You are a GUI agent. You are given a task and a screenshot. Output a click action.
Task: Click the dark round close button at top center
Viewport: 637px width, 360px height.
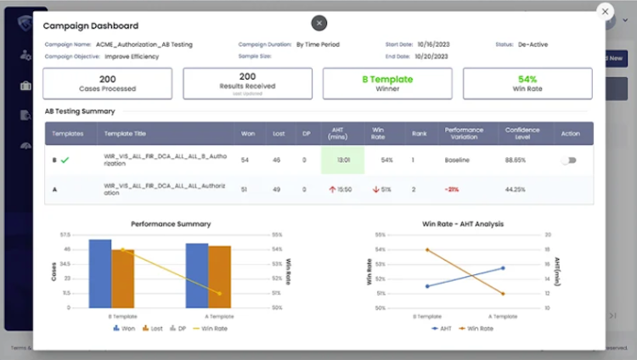tap(319, 23)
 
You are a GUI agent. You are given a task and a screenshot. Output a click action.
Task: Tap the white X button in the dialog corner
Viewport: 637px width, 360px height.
tap(605, 12)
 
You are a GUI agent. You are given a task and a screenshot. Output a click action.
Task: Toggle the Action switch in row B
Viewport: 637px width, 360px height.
tap(568, 160)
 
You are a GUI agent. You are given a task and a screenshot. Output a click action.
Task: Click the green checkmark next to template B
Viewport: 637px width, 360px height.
tap(65, 160)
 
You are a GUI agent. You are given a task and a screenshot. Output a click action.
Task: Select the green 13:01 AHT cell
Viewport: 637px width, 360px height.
tap(343, 160)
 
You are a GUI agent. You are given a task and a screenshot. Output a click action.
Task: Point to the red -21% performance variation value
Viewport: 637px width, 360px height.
tap(451, 189)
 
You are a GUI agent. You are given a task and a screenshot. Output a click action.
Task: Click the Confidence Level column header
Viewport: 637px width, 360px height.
tap(521, 133)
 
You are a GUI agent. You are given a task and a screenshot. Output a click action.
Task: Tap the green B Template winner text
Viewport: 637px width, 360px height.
tap(387, 79)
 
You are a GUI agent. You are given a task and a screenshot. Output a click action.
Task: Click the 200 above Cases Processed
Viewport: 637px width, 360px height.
tap(107, 79)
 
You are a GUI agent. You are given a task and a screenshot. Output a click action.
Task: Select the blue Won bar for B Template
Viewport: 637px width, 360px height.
tap(100, 273)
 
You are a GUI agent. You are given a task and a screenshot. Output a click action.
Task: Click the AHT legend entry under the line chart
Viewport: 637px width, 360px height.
tap(441, 328)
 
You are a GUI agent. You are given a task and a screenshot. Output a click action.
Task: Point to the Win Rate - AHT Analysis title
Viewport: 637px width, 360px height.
tap(463, 224)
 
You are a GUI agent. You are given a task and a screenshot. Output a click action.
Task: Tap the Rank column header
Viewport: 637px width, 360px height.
tap(414, 133)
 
